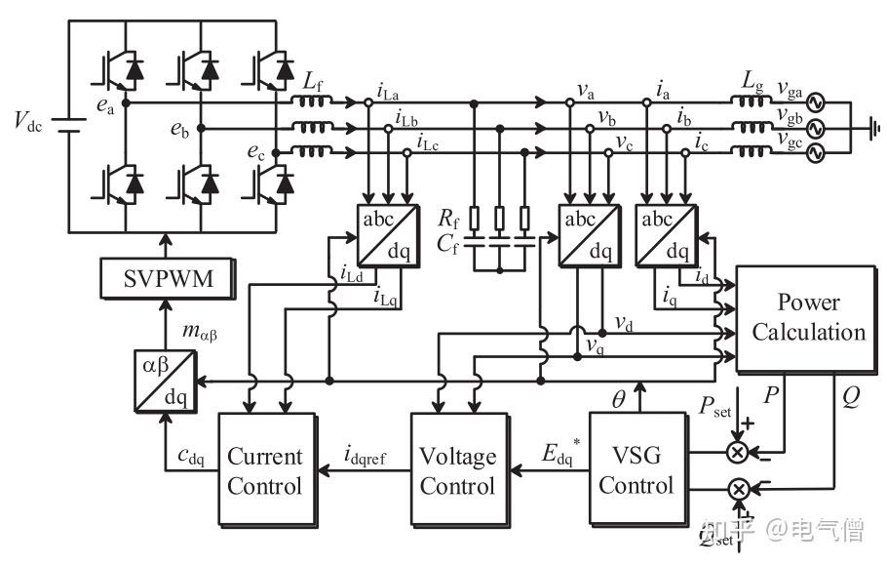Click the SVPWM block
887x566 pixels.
pyautogui.click(x=169, y=281)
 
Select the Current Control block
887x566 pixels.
pyautogui.click(x=265, y=469)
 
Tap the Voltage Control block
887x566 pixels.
pyautogui.click(x=457, y=469)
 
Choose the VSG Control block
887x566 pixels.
pyautogui.click(x=636, y=469)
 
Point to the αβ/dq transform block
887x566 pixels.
pyautogui.click(x=163, y=380)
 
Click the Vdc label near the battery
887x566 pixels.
pyautogui.click(x=28, y=121)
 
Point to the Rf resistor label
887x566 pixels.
pyautogui.click(x=448, y=217)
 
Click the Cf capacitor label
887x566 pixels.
pyautogui.click(x=448, y=244)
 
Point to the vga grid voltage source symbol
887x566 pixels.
pyautogui.click(x=811, y=102)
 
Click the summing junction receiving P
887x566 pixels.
pyautogui.click(x=738, y=452)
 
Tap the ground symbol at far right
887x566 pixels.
pyautogui.click(x=871, y=126)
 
